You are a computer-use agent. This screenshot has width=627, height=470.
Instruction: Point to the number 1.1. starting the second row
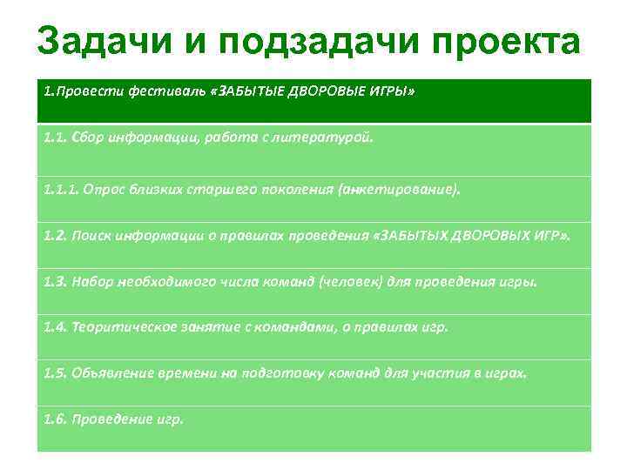point(55,138)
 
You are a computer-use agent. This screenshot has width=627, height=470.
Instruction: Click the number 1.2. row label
point(55,235)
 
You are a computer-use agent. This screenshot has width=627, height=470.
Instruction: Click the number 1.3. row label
point(55,282)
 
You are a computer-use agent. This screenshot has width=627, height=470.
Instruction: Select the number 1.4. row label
point(55,327)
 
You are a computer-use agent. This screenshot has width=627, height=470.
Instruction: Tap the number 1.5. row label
point(55,373)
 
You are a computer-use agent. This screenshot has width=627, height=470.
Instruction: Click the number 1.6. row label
point(55,419)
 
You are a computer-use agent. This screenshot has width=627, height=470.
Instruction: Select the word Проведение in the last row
point(110,419)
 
